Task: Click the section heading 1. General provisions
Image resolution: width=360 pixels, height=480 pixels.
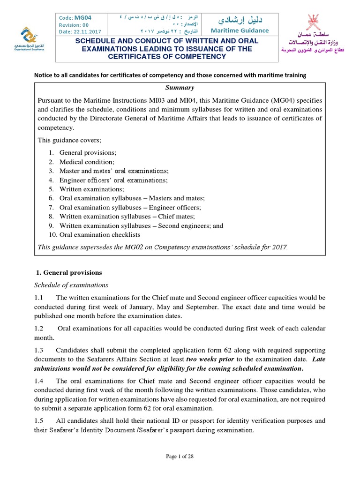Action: tap(69, 272)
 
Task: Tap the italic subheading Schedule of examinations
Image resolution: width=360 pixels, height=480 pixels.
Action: tap(71, 285)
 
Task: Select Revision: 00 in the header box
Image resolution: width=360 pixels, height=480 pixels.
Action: tap(74, 24)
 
